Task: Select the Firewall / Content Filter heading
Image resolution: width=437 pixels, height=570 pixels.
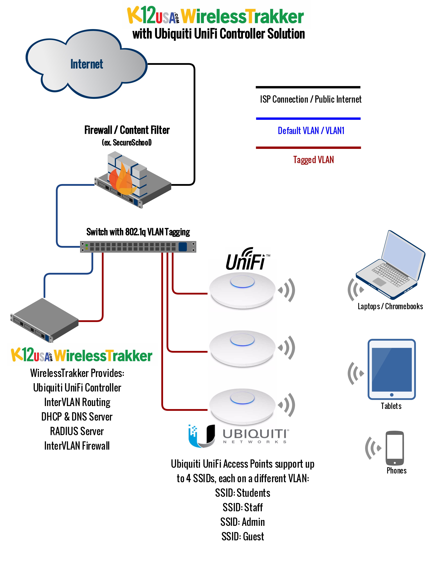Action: tap(127, 130)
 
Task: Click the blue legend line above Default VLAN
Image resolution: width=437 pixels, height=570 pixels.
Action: tap(308, 119)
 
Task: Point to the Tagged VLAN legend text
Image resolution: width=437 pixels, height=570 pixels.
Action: tap(313, 159)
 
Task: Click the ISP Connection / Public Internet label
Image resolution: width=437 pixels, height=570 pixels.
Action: tap(311, 99)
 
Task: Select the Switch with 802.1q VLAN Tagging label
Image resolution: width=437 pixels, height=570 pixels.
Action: tap(138, 232)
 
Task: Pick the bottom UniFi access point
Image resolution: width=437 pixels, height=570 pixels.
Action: tap(242, 406)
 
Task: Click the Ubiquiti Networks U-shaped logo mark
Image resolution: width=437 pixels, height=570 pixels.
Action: tap(203, 436)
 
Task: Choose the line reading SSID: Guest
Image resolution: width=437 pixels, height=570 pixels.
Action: tap(243, 536)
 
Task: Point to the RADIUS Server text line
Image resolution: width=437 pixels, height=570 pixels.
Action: tap(77, 431)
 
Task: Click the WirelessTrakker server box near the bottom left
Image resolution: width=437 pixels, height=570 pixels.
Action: tap(44, 320)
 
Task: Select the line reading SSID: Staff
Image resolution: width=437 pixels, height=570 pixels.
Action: tap(243, 507)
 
